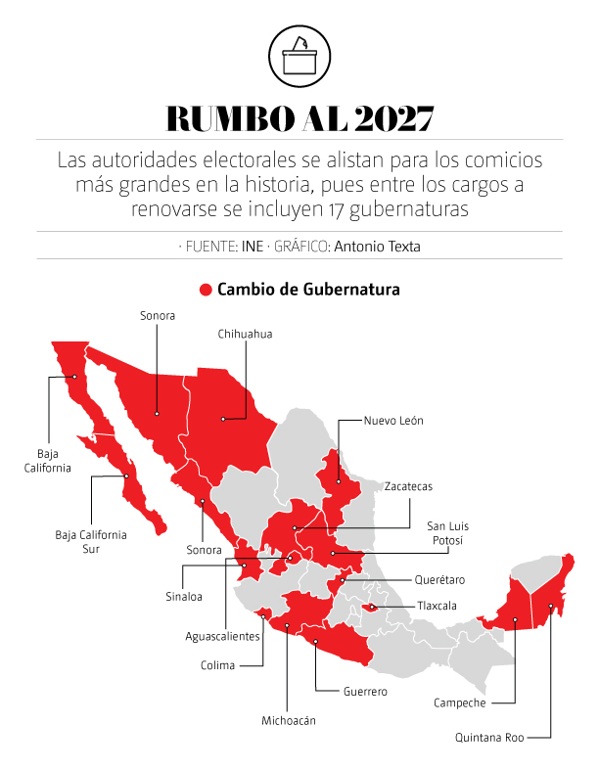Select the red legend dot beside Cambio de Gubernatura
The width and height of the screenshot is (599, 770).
[x=206, y=290]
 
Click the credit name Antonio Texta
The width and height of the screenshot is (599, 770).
[x=377, y=247]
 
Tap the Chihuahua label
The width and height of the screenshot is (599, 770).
[x=245, y=334]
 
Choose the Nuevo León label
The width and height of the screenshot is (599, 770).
[x=393, y=421]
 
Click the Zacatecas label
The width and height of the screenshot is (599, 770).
[x=408, y=486]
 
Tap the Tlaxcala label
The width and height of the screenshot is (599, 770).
[x=437, y=606]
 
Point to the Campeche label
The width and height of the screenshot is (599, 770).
[x=459, y=702]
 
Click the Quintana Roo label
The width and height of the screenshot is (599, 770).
[x=489, y=738]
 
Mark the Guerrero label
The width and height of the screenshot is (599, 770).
[x=365, y=692]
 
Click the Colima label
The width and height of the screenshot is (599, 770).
[x=217, y=665]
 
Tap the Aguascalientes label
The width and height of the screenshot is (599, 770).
[x=223, y=636]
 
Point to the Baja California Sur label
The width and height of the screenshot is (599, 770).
[x=91, y=541]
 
